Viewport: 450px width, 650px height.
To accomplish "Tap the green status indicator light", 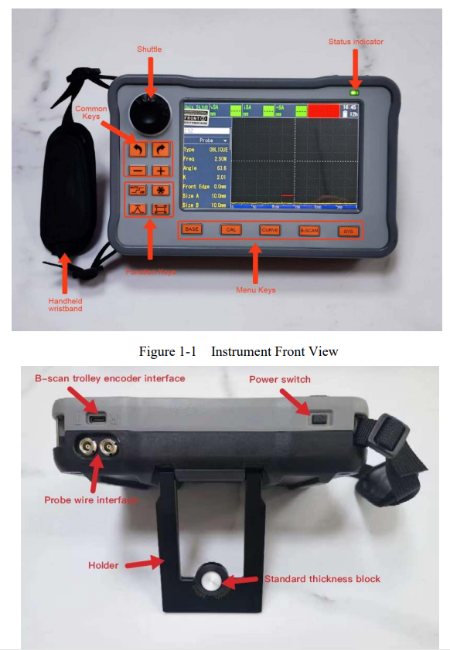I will point(355,92).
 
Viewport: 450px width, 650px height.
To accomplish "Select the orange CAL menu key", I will point(230,229).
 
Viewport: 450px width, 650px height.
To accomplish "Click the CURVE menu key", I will point(270,229).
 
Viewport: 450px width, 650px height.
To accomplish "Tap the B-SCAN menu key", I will point(309,230).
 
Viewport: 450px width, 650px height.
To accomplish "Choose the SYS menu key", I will point(348,230).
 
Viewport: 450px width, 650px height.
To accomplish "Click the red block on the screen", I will point(329,110).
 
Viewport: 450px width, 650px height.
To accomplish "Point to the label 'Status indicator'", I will point(356,41).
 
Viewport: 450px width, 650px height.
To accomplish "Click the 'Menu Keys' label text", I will point(255,290).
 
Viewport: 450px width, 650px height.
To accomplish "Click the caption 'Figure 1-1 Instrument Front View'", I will point(238,351).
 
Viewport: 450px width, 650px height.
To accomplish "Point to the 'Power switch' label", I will point(279,379).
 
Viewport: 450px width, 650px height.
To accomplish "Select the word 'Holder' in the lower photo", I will point(104,565).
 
